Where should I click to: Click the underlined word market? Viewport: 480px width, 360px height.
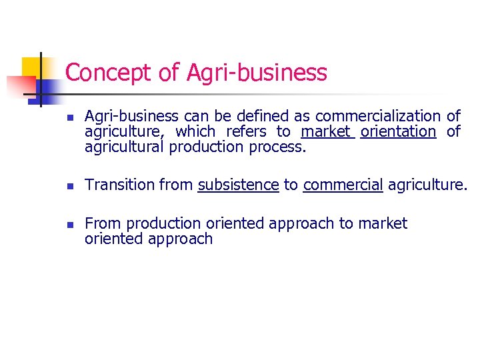coord(325,132)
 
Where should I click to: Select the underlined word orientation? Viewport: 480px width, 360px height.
coord(398,132)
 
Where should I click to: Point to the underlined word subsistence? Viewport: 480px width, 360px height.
coord(238,185)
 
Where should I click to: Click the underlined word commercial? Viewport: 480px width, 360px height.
coord(343,185)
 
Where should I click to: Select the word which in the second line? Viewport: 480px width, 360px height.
coord(195,132)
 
